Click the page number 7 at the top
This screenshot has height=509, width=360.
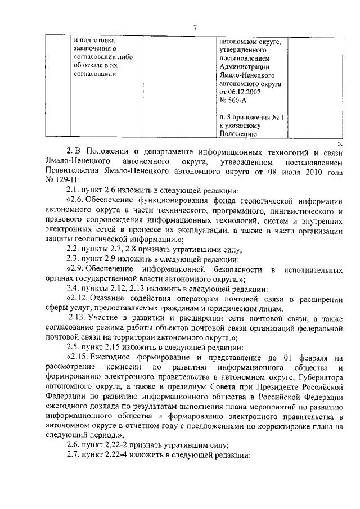194,26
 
